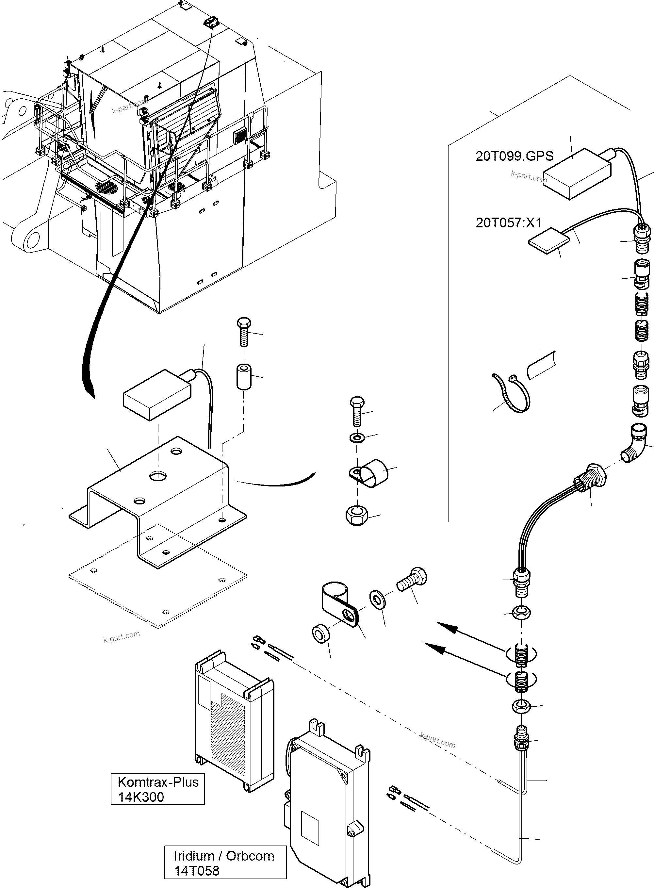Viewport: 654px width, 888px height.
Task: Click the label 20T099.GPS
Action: tap(514, 156)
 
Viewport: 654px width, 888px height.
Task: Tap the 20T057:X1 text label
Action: tap(508, 223)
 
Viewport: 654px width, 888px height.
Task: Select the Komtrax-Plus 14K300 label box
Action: tap(157, 789)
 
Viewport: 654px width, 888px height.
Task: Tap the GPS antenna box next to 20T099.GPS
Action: tap(577, 174)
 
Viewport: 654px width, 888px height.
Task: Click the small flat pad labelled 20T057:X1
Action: tap(549, 241)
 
